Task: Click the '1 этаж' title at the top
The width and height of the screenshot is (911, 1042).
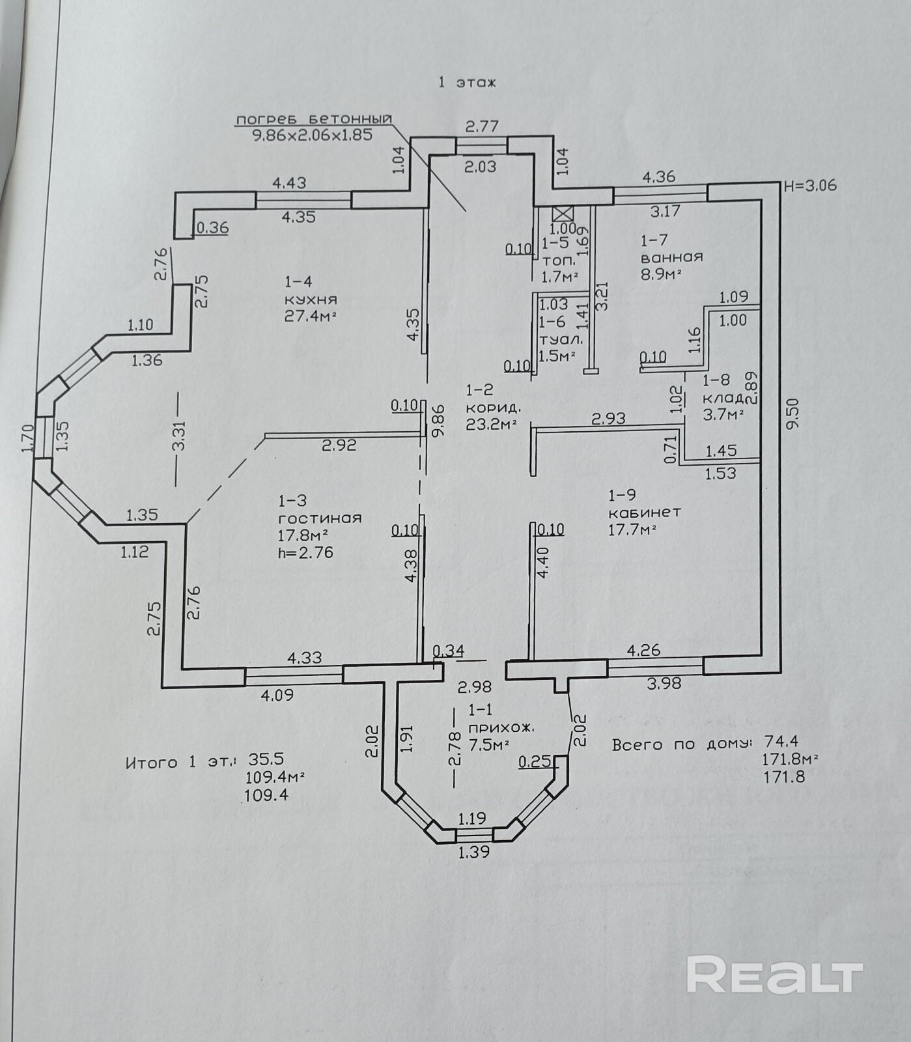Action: point(467,83)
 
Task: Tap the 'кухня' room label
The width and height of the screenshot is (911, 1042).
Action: point(311,300)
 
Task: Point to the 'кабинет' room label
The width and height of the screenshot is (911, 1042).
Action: point(644,512)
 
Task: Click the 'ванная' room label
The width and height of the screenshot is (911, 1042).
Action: point(671,257)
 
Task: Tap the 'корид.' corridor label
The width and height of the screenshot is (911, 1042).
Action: point(494,408)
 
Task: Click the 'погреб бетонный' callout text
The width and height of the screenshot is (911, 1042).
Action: point(314,119)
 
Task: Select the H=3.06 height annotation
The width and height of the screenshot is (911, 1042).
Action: point(810,186)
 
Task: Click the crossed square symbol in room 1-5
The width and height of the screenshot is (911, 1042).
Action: point(561,214)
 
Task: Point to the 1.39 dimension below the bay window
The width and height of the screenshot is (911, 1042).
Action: point(473,851)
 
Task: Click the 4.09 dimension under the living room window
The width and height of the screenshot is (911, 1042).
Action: point(277,695)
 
